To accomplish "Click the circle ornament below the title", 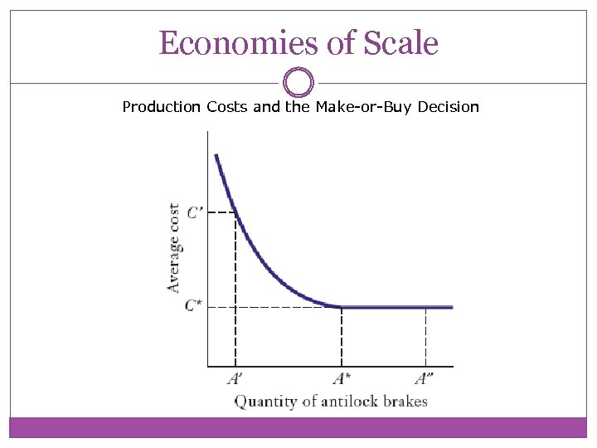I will tap(298, 83).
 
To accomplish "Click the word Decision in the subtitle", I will tap(449, 107).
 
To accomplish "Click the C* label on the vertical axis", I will tap(193, 305).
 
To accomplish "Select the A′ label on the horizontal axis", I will tap(235, 379).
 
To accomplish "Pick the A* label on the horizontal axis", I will tap(342, 379).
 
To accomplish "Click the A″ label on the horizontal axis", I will tap(425, 379).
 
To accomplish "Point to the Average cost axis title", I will tap(174, 248).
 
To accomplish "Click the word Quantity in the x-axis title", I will tap(263, 402).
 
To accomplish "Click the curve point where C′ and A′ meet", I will tap(235, 213).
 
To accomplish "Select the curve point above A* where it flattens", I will tap(342, 307).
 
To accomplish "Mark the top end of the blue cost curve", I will tap(216, 155).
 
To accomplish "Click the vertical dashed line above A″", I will tap(425, 336).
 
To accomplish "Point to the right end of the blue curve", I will tap(452, 307).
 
